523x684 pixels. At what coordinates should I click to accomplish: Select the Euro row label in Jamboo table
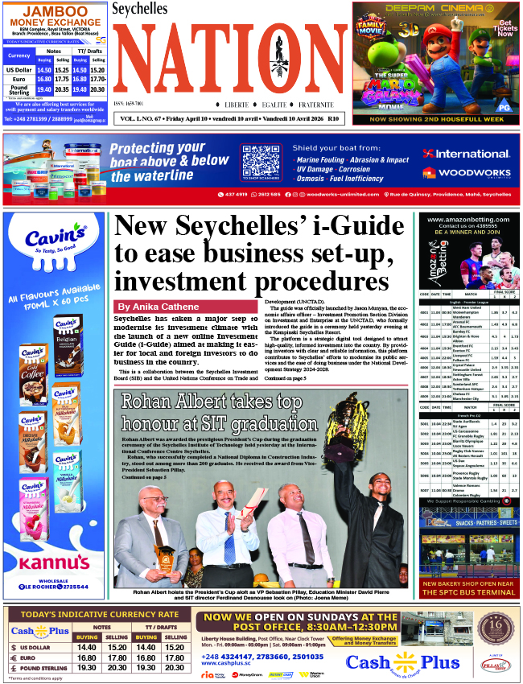pyautogui.click(x=18, y=79)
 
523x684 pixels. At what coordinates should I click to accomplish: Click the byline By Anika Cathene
pyautogui.click(x=158, y=307)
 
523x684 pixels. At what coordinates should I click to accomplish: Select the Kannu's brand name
pyautogui.click(x=55, y=562)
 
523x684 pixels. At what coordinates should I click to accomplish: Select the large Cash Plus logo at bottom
pyautogui.click(x=402, y=661)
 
